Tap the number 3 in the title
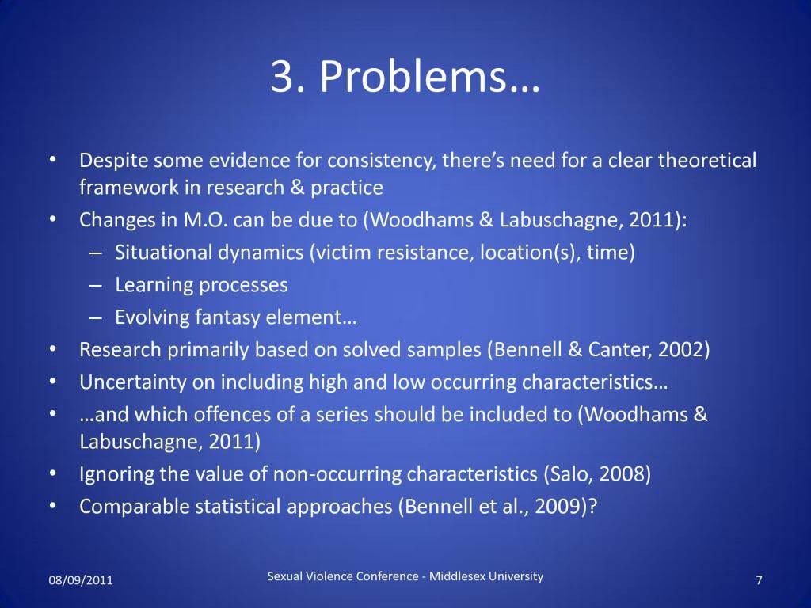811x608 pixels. click(x=283, y=76)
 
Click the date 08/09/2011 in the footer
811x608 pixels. click(x=81, y=580)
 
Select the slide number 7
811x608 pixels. click(x=759, y=580)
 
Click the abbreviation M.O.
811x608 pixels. click(x=205, y=220)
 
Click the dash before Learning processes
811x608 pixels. click(x=95, y=285)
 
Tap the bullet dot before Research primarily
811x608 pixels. click(x=53, y=350)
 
